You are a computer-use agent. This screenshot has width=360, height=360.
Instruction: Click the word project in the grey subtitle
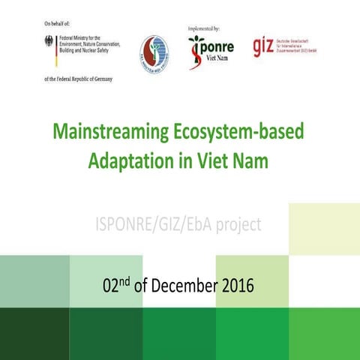[x=239, y=223]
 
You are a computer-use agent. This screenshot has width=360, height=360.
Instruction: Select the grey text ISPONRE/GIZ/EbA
[x=149, y=223]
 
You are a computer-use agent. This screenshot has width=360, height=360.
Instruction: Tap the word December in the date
[x=181, y=285]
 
